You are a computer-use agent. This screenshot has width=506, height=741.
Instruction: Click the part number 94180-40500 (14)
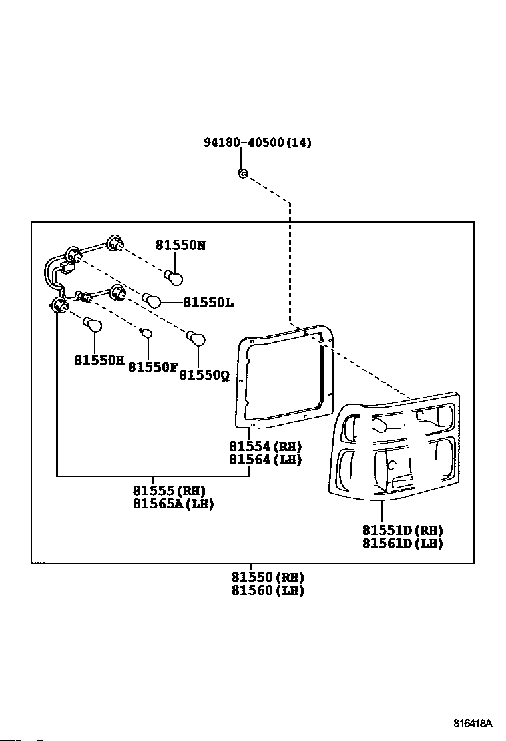click(257, 142)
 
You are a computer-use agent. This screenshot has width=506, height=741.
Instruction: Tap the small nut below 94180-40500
click(242, 173)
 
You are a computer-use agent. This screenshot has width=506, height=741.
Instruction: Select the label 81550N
click(181, 245)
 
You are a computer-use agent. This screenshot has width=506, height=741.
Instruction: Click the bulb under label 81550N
click(174, 278)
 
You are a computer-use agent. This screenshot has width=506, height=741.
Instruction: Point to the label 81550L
click(208, 302)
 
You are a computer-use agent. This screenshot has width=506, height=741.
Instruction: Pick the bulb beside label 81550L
click(152, 299)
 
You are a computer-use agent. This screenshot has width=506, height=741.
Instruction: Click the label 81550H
click(99, 360)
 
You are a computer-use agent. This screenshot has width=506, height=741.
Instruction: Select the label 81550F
click(153, 367)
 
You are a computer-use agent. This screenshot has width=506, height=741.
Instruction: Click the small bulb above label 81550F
click(147, 333)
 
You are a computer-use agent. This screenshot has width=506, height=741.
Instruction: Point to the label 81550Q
click(204, 375)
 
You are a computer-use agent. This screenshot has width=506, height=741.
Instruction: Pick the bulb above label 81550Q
click(196, 338)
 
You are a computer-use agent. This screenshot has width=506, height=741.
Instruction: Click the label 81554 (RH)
click(265, 446)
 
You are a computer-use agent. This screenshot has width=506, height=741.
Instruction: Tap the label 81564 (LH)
click(265, 459)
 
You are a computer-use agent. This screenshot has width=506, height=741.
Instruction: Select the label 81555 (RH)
click(169, 490)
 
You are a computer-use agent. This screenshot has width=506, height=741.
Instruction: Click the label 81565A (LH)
click(173, 504)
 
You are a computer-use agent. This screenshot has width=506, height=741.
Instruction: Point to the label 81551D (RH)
click(403, 530)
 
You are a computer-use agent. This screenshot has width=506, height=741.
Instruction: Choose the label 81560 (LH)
click(268, 590)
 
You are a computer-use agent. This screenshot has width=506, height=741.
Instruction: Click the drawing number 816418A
click(473, 724)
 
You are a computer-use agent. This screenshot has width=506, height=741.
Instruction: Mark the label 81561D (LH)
click(403, 544)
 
